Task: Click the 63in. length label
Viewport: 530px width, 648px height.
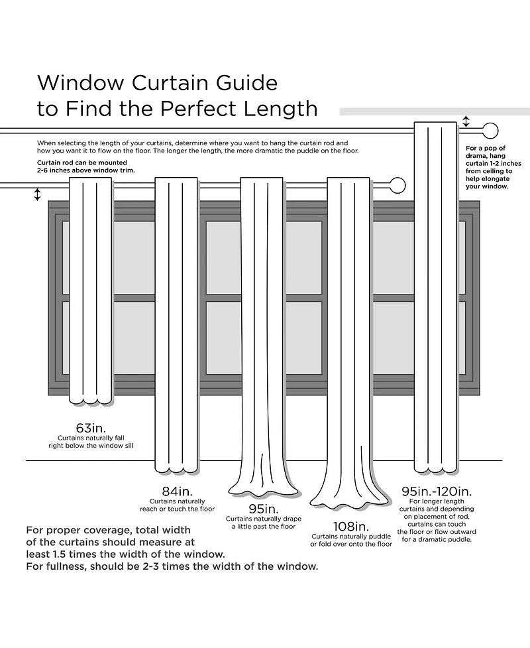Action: click(x=91, y=426)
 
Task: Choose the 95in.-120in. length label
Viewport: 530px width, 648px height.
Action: click(x=437, y=491)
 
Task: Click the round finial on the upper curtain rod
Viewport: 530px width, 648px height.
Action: click(x=490, y=130)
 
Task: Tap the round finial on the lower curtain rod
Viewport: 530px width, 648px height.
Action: click(x=396, y=185)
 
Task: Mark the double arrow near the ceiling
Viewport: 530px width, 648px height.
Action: click(x=466, y=122)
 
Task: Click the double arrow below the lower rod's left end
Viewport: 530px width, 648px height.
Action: click(x=37, y=194)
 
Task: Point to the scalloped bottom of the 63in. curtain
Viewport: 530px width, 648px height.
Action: click(x=91, y=398)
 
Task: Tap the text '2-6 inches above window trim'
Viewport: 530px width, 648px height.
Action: click(x=85, y=170)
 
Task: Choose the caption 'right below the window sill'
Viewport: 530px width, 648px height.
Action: click(x=91, y=446)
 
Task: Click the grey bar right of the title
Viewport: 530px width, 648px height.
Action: click(x=434, y=111)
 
